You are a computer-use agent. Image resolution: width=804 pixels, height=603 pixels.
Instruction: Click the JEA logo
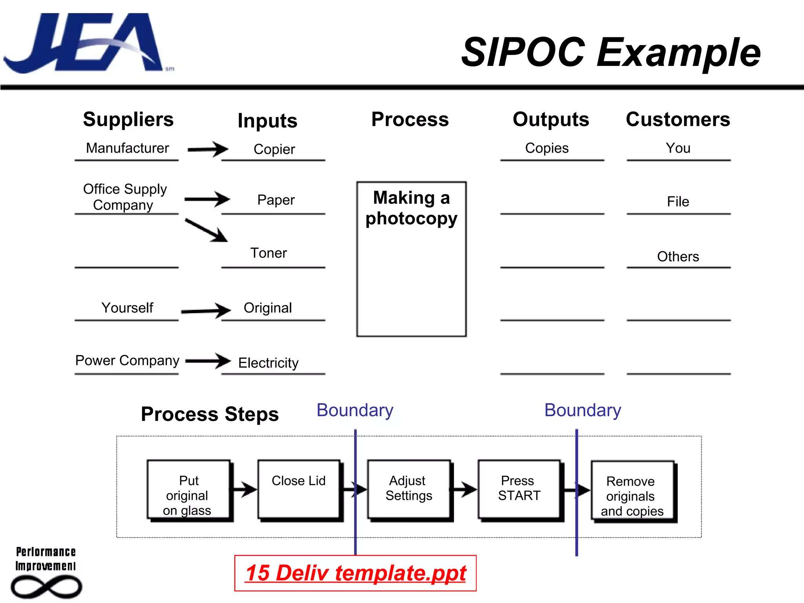point(84,43)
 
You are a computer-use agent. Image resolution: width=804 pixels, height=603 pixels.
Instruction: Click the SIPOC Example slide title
point(610,52)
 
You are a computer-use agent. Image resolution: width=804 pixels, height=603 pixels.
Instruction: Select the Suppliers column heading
point(128,119)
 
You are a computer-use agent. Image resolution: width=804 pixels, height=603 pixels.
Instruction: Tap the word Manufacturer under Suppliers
point(127,148)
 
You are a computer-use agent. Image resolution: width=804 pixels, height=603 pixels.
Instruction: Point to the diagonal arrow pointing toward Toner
point(206,230)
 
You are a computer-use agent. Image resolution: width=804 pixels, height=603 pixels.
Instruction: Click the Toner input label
point(269,253)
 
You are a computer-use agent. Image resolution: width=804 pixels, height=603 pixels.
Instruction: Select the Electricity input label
point(269,363)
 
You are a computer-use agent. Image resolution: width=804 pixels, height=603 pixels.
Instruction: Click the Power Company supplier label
point(127,360)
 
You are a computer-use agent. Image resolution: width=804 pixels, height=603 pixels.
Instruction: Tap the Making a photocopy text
point(411,208)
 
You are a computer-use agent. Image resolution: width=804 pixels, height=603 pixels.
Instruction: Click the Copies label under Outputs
point(547,148)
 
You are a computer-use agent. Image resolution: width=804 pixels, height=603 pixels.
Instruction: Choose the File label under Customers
point(678,201)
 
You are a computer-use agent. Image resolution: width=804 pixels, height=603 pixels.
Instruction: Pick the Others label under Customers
point(678,256)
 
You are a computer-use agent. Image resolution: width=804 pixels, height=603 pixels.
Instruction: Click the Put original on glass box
point(188,490)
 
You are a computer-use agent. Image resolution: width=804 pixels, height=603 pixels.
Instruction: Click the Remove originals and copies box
point(632,491)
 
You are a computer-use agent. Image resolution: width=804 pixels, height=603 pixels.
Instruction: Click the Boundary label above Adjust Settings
point(355,410)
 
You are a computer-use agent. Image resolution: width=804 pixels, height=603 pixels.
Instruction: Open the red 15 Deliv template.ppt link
point(355,573)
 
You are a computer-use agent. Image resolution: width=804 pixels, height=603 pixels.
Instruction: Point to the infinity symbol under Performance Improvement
point(46,587)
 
